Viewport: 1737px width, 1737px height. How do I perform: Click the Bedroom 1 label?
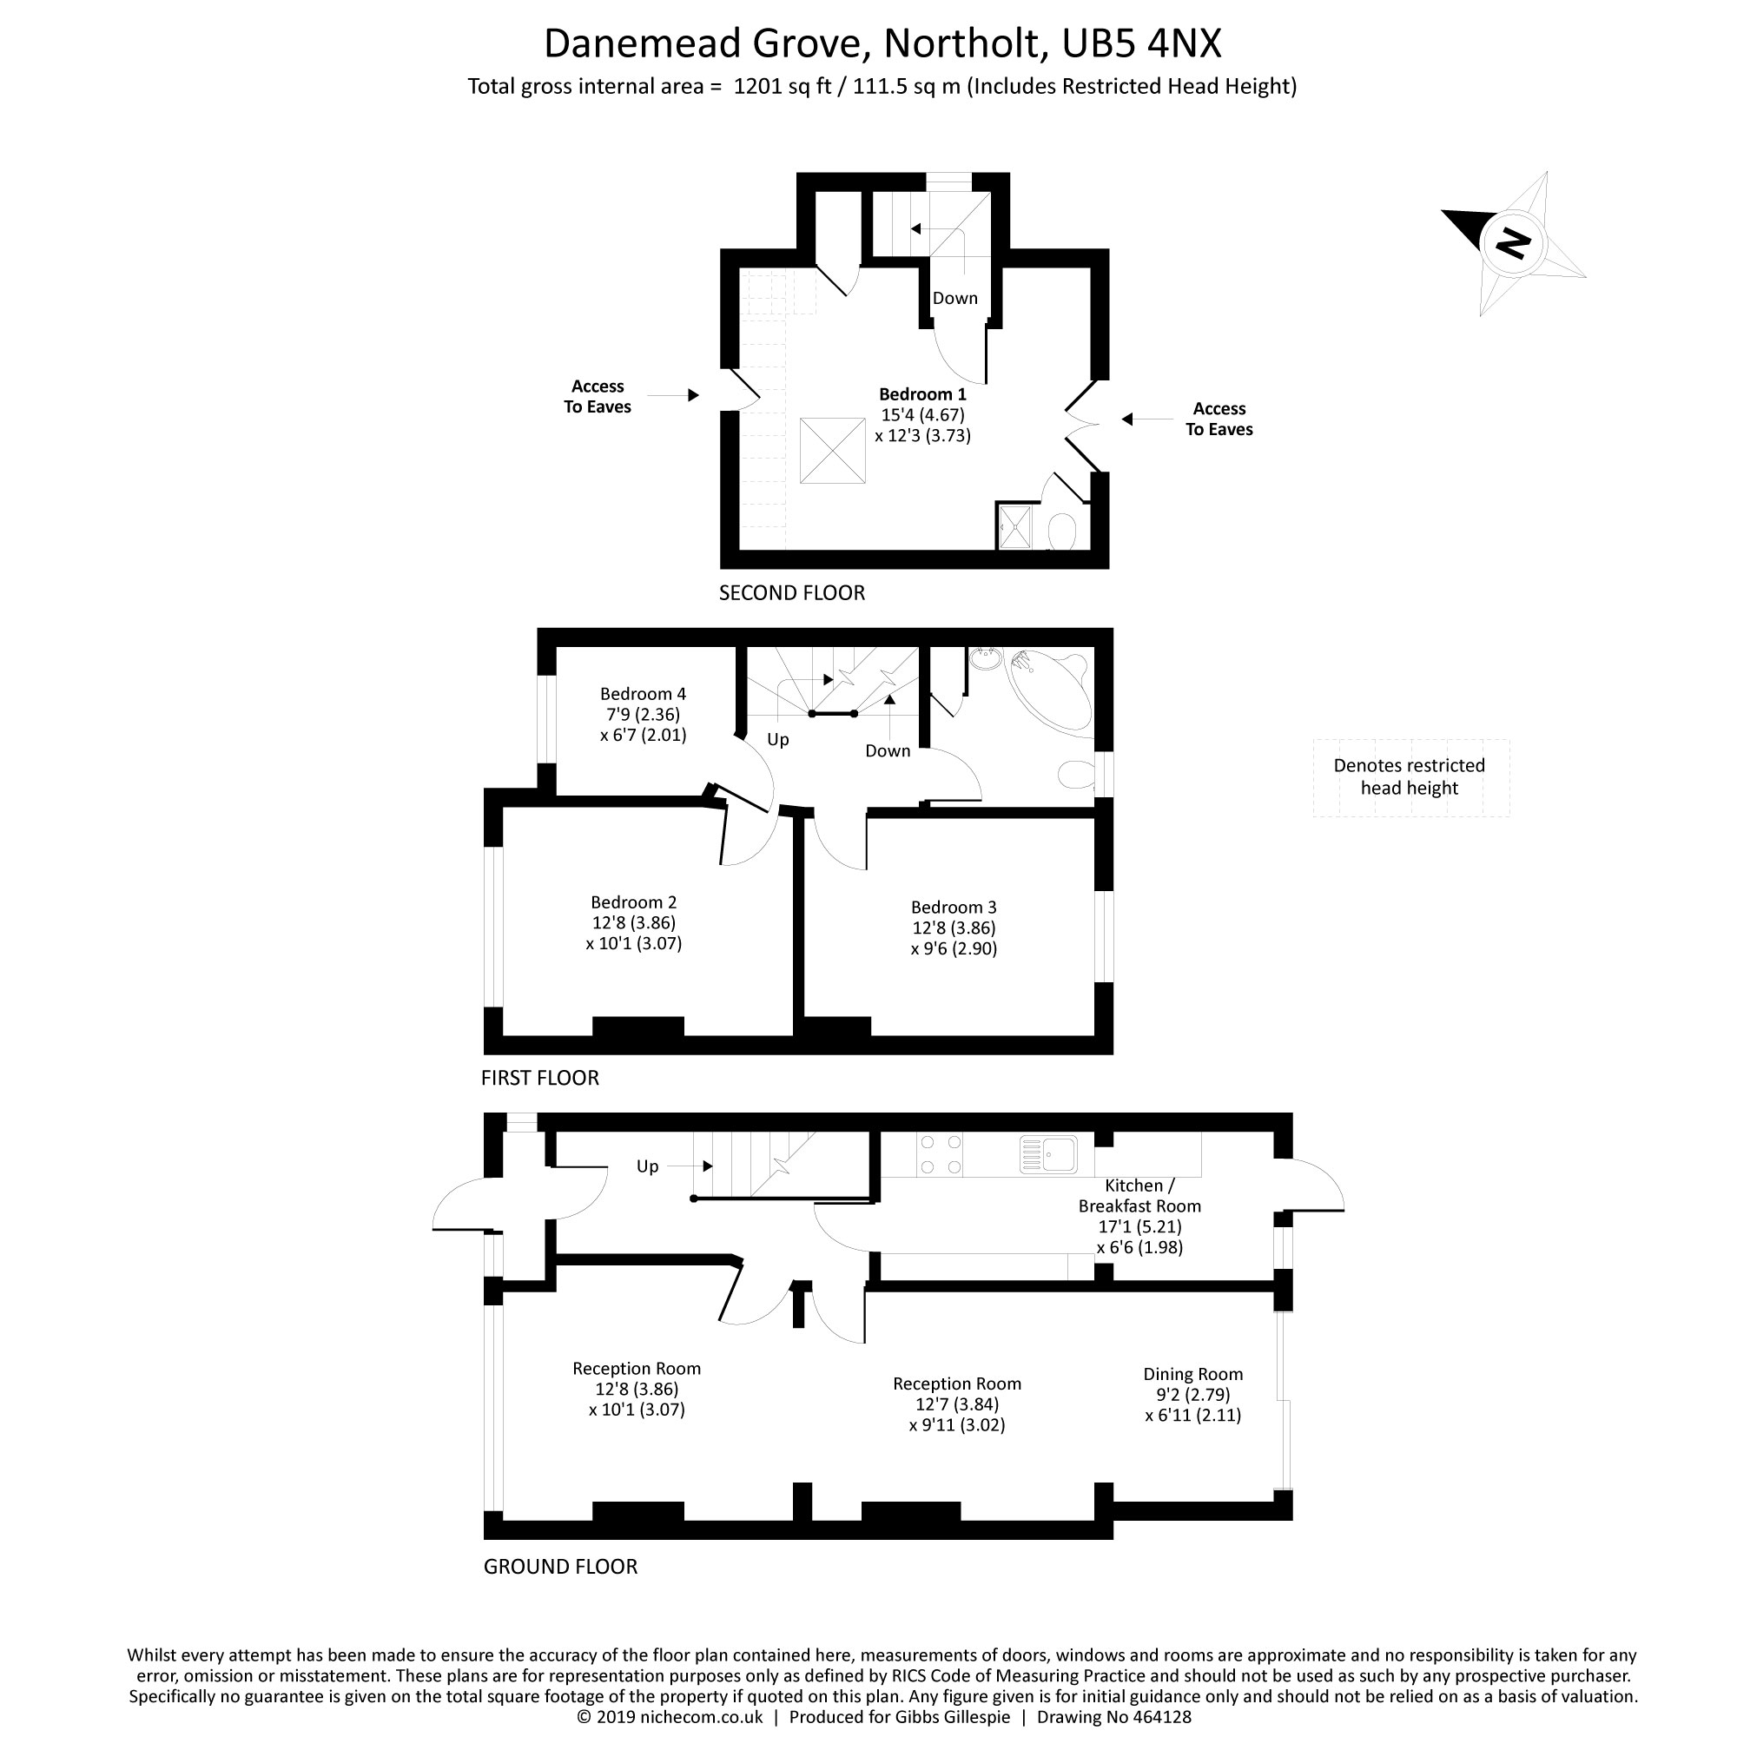(x=922, y=394)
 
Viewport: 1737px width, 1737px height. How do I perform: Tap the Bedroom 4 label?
(x=643, y=694)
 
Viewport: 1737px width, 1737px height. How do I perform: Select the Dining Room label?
(x=1193, y=1374)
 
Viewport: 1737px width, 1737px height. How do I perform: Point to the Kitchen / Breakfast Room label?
(x=1139, y=1196)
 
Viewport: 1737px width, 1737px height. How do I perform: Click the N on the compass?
(x=1514, y=243)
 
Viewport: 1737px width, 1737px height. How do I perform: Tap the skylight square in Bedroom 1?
(x=833, y=451)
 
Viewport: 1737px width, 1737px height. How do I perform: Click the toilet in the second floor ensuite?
(x=1062, y=532)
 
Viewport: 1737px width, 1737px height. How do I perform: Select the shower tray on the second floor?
(x=1016, y=526)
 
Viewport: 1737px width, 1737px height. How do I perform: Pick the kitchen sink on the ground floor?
(x=1048, y=1154)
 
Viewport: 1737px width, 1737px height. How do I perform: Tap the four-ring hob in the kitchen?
(x=941, y=1155)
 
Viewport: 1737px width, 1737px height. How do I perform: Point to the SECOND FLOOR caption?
(x=792, y=593)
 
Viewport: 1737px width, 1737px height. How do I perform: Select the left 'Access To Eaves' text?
(x=598, y=397)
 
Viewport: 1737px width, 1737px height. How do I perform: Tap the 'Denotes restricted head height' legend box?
(x=1410, y=776)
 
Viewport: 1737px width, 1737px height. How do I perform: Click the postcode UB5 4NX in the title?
(x=1141, y=43)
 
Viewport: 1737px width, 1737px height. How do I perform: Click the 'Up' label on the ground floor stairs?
(x=647, y=1166)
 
